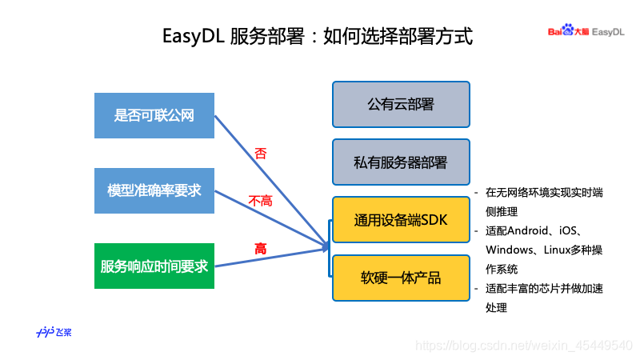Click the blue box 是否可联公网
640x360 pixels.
pos(154,115)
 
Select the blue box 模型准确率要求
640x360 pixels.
pos(154,190)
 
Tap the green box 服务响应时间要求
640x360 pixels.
pos(154,266)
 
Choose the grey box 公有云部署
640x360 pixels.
pos(401,104)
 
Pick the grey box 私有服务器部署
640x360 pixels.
pos(401,162)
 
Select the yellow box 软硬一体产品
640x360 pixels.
pos(401,278)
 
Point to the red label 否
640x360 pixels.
pos(260,153)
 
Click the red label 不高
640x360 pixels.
pos(261,201)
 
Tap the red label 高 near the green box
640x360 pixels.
pos(261,249)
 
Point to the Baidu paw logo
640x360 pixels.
pos(568,31)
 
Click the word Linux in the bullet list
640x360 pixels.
pos(559,250)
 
